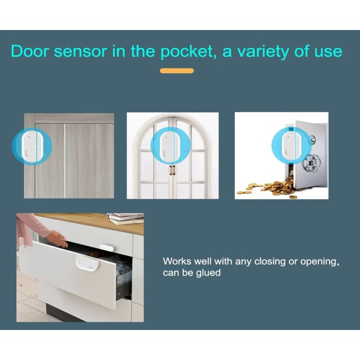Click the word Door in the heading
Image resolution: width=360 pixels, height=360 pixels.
pos(29,51)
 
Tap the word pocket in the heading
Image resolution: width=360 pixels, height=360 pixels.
pos(188,51)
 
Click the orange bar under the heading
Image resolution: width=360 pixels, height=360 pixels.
pos(177,70)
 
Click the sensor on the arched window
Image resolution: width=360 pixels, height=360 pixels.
pos(170,145)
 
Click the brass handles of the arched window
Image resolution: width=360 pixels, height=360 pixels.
pos(172,170)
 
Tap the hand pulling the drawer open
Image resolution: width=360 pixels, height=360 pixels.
pos(58,239)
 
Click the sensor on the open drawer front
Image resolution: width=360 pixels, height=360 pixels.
pos(87,263)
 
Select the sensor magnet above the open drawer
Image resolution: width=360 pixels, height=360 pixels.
pos(106,247)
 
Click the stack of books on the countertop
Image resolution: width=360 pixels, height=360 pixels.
pos(126,218)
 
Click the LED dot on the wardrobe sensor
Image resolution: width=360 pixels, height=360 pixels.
pos(28,137)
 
